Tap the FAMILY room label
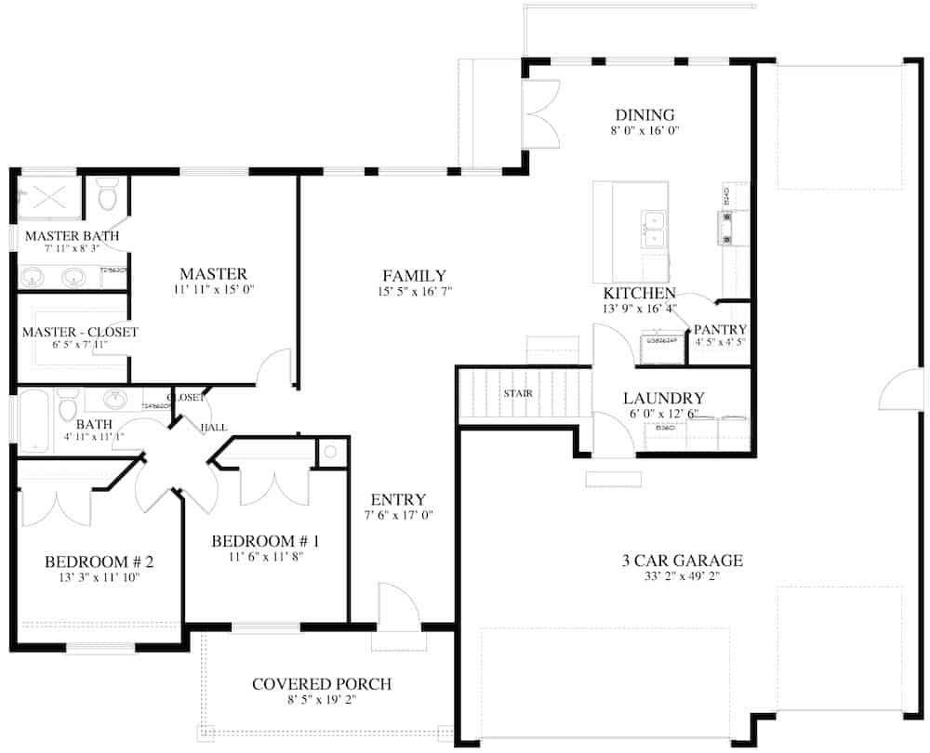point(414,276)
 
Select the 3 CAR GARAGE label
point(682,560)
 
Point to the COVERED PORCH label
point(322,684)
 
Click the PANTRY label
point(720,329)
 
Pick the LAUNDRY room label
point(663,398)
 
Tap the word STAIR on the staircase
point(518,393)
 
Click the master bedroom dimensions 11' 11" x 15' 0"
point(213,290)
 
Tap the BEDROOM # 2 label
point(99,561)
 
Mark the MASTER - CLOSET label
point(80,332)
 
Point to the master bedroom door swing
point(274,368)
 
